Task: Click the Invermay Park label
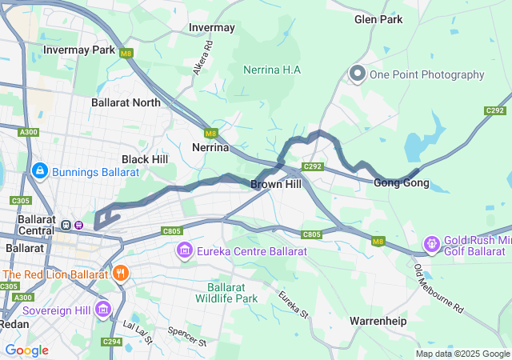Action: pos(79,50)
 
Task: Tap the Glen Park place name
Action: pos(378,19)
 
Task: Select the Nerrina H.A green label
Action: pos(272,70)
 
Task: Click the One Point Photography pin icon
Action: pos(357,74)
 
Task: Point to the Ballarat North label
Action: pos(126,102)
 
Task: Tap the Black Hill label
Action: pos(145,159)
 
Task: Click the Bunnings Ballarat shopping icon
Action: pos(39,171)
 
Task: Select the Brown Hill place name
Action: pos(276,184)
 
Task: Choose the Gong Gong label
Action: pos(401,183)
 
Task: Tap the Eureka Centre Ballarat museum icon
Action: pos(184,252)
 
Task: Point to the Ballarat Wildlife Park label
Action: pos(232,293)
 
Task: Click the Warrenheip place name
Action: pos(378,321)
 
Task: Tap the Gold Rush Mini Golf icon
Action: pos(432,242)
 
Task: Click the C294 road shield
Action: pos(112,342)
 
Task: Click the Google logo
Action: pos(26,350)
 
